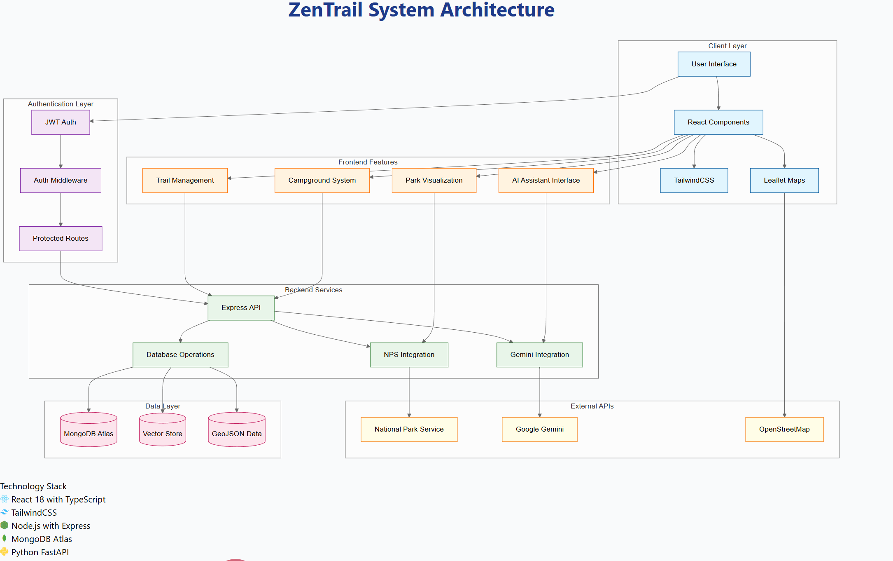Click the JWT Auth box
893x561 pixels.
pos(61,122)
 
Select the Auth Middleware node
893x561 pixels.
pos(61,180)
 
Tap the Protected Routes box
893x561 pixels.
pos(61,238)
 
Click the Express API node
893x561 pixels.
pos(241,307)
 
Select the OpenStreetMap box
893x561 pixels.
pos(784,429)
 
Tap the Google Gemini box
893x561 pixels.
pos(539,429)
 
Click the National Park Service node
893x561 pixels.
pos(409,429)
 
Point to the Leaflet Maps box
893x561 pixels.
pos(784,180)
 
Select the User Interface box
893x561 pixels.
pos(714,64)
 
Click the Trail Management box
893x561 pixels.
pos(185,180)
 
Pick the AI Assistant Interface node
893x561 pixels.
pos(546,180)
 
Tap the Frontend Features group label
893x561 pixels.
pos(368,162)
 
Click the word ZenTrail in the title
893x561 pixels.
pos(326,10)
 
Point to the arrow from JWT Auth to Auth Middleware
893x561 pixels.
pos(61,151)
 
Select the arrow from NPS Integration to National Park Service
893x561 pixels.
pos(409,392)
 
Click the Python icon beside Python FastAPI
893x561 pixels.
pos(5,552)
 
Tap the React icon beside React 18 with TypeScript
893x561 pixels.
pos(5,499)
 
